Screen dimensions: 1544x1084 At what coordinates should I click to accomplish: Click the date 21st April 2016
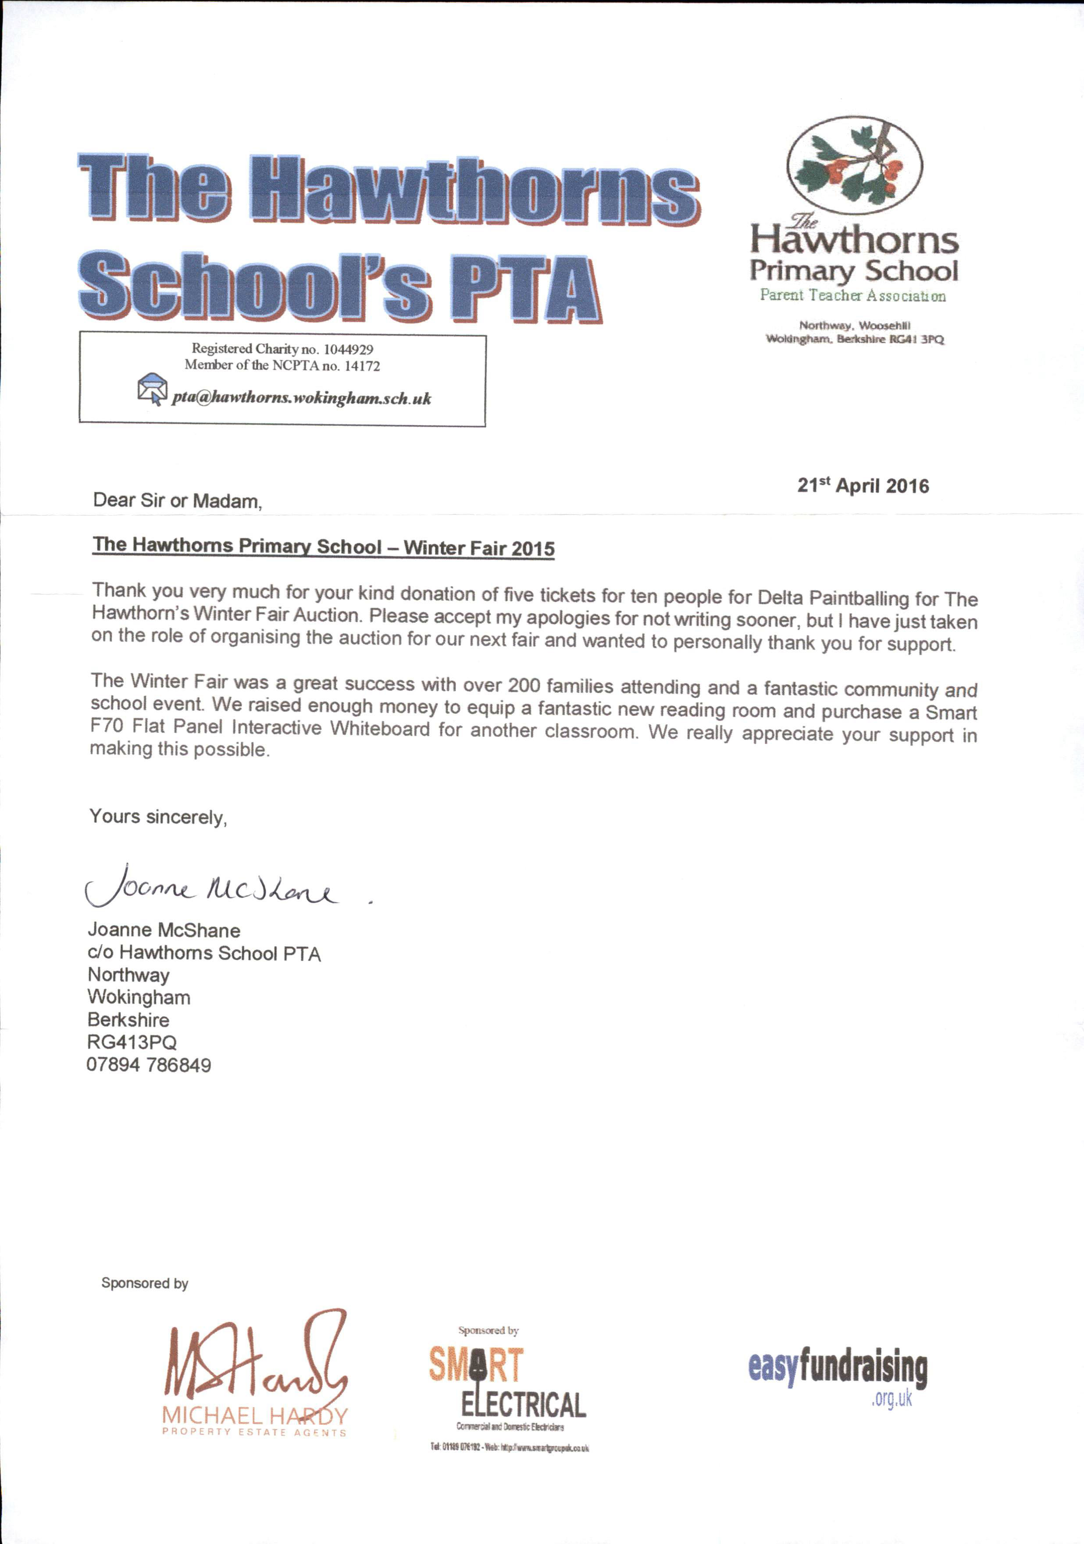tap(863, 486)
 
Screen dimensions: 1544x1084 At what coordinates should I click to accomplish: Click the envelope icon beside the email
tap(153, 389)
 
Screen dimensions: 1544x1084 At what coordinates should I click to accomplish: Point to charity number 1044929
tap(348, 349)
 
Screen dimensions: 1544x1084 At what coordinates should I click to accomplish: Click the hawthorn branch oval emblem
tap(855, 165)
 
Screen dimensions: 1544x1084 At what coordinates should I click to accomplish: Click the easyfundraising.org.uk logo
tap(838, 1372)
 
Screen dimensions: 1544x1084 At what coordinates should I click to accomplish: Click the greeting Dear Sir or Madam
tap(177, 500)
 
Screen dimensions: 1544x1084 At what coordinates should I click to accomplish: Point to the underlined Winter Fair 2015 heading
tap(324, 546)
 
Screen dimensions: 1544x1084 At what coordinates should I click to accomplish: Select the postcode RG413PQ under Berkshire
tap(132, 1042)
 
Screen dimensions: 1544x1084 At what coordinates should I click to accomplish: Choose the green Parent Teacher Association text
tap(852, 295)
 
